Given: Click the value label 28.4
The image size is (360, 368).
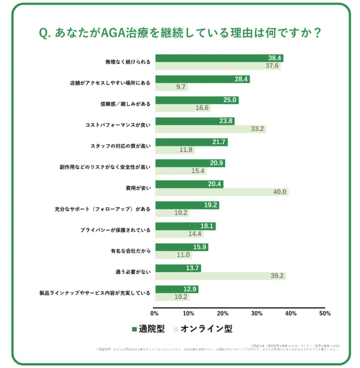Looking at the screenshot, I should [x=241, y=79].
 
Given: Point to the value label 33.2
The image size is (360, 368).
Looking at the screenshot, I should [x=258, y=129].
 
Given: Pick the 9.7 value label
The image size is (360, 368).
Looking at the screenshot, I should [x=181, y=87].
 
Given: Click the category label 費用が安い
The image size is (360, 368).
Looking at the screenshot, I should [x=138, y=188].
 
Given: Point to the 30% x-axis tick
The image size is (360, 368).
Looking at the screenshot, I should [x=257, y=314].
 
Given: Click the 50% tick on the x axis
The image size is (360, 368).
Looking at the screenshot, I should [x=325, y=314].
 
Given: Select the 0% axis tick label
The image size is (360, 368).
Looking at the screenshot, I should [x=154, y=314].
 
